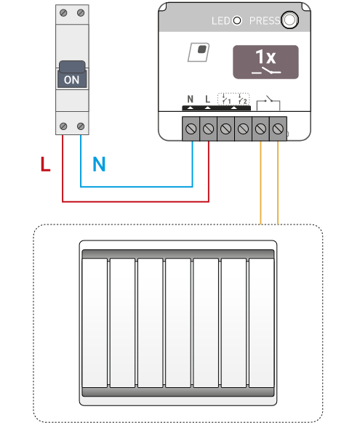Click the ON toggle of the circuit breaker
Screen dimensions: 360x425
(72, 74)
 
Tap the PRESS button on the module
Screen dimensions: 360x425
(289, 20)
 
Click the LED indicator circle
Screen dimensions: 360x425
(237, 20)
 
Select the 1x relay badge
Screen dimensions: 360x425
(265, 62)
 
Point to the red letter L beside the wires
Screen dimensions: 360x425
(45, 164)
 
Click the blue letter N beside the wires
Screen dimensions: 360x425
(99, 164)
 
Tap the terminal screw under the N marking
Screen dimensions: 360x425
(191, 129)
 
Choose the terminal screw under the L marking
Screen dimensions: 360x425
(208, 129)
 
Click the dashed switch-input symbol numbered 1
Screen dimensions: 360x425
(225, 100)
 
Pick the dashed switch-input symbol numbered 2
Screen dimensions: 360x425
(242, 100)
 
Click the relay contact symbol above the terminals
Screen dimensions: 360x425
(268, 103)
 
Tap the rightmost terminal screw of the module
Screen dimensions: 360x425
(278, 129)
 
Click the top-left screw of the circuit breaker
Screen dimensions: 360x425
(63, 13)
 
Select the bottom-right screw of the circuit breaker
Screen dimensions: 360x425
(81, 126)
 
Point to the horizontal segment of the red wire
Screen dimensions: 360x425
(136, 202)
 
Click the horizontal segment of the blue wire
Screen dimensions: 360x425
(137, 187)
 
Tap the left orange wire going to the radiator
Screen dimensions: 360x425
(260, 182)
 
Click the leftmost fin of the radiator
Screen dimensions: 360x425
(95, 323)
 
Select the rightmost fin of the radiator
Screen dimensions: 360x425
(262, 323)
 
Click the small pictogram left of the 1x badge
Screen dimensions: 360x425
(199, 52)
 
